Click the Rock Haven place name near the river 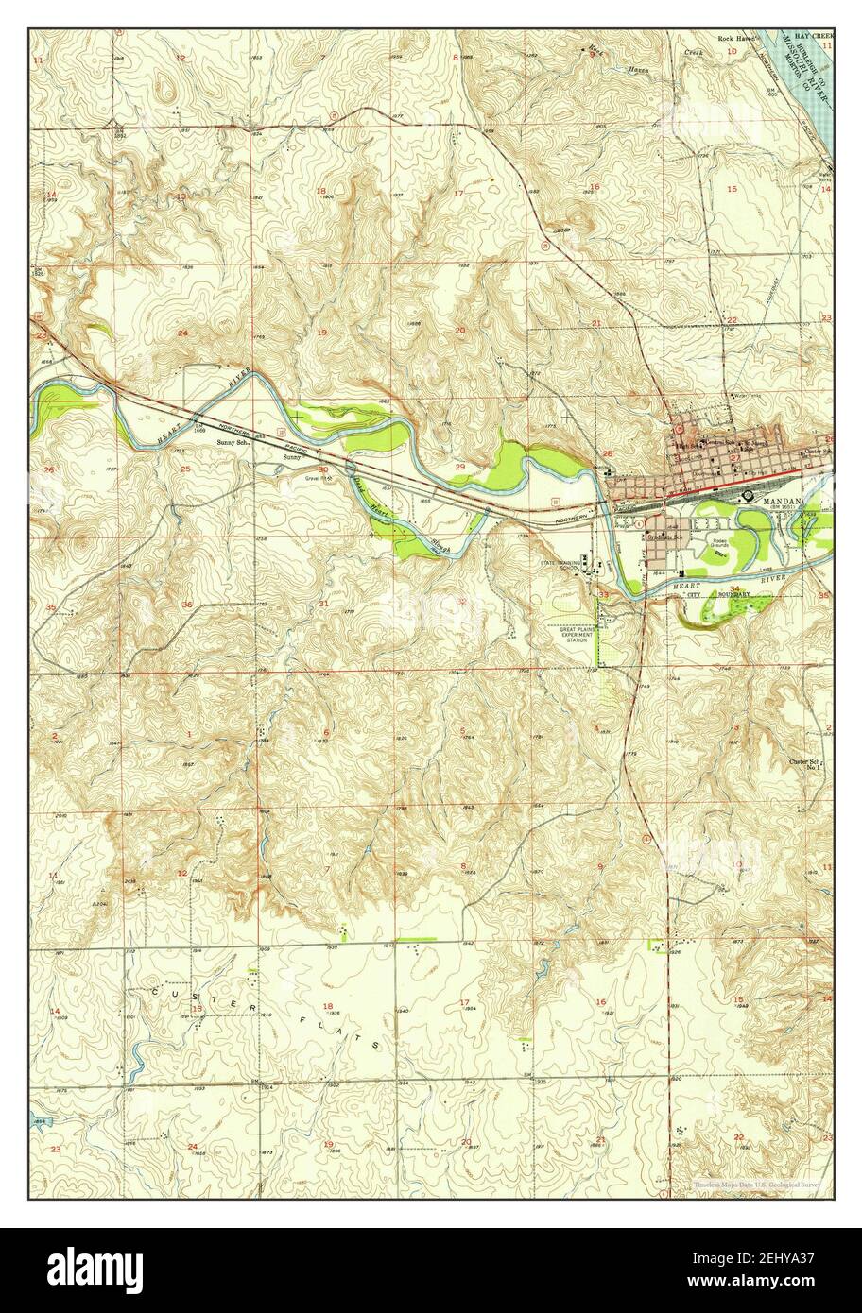(x=737, y=39)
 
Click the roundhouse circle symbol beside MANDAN (x=748, y=494)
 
